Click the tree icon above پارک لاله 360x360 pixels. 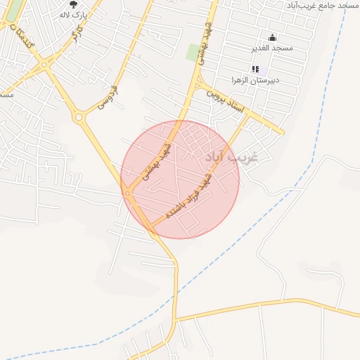[73, 4]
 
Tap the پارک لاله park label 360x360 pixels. [73, 15]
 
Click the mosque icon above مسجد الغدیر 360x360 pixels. [273, 37]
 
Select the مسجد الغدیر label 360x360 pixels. [272, 48]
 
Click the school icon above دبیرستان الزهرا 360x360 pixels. [255, 69]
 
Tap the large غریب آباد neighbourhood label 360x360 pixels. [231, 155]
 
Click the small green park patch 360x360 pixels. [192, 52]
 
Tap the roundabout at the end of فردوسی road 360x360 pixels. [79, 117]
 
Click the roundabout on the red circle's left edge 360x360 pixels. [127, 193]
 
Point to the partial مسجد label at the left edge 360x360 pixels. [6, 94]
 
